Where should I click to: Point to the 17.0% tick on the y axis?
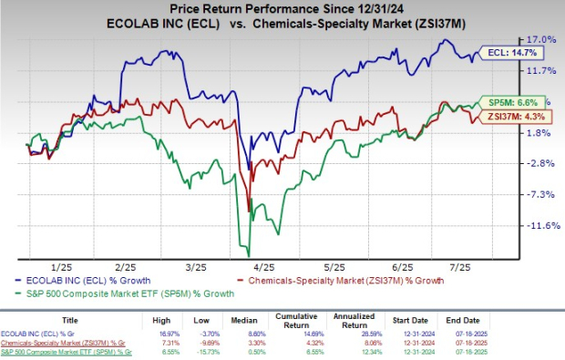coord(541,39)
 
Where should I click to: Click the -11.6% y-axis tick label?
coord(540,225)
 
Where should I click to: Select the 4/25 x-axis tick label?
coord(272,267)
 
